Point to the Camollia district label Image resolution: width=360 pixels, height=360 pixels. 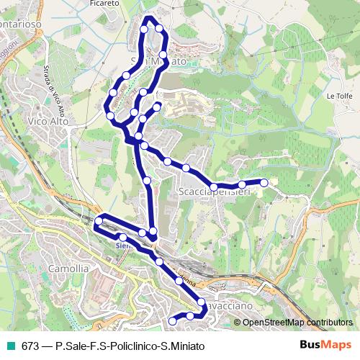point(68,269)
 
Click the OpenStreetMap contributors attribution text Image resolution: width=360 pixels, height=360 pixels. point(298,322)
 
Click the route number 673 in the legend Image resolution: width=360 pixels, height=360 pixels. point(31,346)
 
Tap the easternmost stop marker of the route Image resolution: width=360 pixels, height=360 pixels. point(264,183)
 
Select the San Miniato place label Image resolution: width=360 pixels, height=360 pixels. point(160,63)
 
